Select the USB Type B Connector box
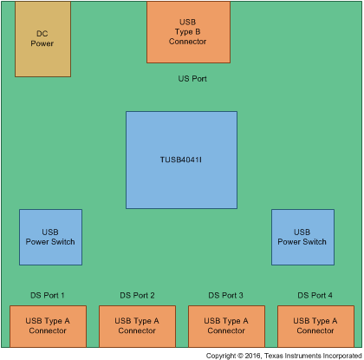point(188,32)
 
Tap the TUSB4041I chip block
point(181,160)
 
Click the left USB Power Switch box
point(50,237)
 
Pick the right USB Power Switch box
point(302,237)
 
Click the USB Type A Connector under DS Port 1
point(48,326)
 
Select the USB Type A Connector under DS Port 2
point(137,326)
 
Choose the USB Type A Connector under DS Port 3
point(226,326)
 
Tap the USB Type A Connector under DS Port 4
point(315,326)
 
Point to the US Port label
point(192,79)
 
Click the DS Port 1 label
point(48,295)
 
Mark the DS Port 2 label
point(137,295)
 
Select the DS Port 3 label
point(226,295)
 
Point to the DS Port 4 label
point(315,295)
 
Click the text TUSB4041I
point(181,160)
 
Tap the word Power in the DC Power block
point(42,43)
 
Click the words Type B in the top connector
point(188,31)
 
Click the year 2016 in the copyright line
point(255,355)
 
